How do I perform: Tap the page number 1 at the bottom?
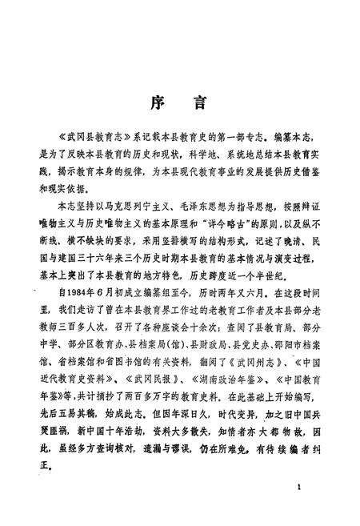[298, 488]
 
